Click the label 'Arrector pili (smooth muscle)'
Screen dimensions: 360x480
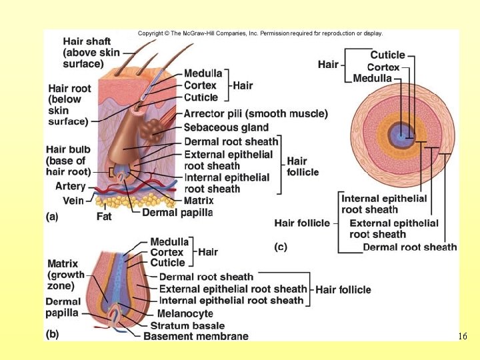255,114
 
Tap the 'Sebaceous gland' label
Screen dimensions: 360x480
226,127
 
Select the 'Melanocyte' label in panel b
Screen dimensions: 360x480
185,313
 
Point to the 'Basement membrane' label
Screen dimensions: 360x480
195,337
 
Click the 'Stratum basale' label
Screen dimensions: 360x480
187,325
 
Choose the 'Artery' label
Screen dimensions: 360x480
70,186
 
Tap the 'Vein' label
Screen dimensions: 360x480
73,201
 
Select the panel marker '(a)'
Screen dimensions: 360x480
53,216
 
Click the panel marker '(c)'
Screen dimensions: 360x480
281,247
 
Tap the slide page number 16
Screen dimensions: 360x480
463,337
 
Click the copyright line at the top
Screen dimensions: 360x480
260,33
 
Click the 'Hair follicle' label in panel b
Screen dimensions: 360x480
343,289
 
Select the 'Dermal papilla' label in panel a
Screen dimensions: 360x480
177,213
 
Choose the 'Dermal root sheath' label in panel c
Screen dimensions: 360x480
409,247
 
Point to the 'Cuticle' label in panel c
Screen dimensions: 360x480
387,55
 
